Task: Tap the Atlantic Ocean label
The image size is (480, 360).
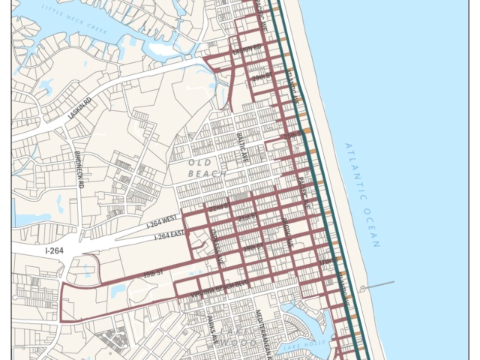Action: coord(363,195)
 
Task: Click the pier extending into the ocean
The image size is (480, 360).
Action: coord(378,285)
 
